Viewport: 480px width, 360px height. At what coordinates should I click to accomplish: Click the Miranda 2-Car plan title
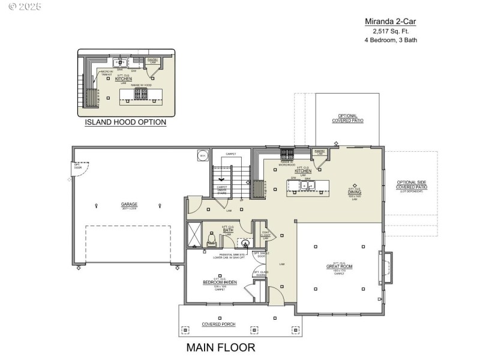pos(391,21)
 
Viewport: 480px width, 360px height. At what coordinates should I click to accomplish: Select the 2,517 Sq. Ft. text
pos(391,31)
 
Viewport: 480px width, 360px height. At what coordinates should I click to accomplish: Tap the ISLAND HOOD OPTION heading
pos(125,122)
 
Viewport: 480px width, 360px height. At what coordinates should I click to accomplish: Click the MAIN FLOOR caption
pos(220,347)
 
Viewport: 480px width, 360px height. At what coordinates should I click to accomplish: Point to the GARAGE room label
pos(129,204)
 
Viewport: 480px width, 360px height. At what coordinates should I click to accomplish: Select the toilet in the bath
pos(211,241)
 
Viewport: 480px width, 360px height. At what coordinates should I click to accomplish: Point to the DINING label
pos(355,192)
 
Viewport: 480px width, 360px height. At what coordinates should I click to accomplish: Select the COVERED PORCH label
pos(218,325)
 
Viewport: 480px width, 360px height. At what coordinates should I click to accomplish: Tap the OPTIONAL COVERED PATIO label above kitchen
pos(347,118)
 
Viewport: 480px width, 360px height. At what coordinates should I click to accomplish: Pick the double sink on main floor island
pos(307,185)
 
